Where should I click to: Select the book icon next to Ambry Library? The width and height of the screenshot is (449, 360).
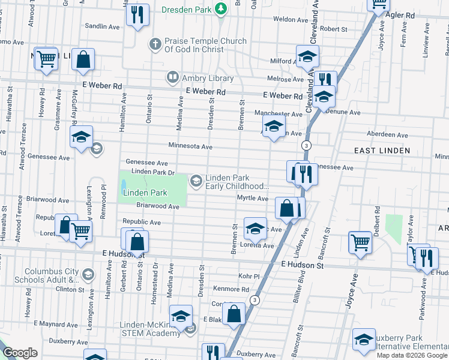(x=173, y=77)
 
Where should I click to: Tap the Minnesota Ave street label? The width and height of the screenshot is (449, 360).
(x=190, y=146)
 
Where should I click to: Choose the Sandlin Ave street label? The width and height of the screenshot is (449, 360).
(x=103, y=26)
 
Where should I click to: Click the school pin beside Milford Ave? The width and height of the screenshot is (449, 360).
(x=307, y=57)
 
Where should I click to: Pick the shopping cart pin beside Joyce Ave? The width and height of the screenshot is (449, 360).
(x=360, y=243)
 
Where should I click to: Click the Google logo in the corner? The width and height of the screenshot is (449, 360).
(x=20, y=352)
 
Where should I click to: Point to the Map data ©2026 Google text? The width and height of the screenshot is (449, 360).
(x=412, y=355)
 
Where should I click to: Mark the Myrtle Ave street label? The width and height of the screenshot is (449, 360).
(x=253, y=199)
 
